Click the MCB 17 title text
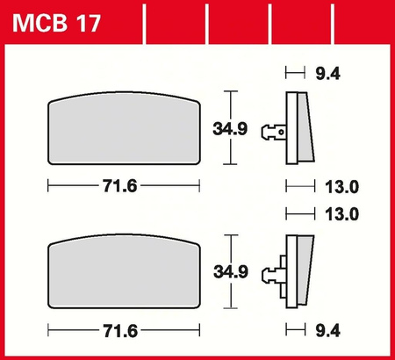[56, 23]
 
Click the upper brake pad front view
[124, 128]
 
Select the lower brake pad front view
[124, 271]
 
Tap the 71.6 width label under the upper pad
[119, 186]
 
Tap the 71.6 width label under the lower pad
[120, 331]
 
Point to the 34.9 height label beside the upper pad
[230, 129]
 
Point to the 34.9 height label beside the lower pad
[231, 271]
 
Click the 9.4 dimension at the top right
[327, 74]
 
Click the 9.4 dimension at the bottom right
[327, 331]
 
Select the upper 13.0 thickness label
[341, 186]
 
